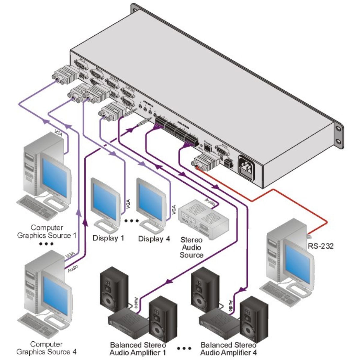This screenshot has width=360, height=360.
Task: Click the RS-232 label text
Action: (321, 246)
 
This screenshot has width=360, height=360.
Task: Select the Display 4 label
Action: (154, 239)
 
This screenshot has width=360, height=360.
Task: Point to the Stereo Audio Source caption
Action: (191, 247)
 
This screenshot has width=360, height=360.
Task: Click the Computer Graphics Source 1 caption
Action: (47, 231)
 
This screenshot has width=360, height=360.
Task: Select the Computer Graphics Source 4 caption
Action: (46, 348)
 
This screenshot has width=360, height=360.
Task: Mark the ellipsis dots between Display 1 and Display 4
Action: (131, 221)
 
